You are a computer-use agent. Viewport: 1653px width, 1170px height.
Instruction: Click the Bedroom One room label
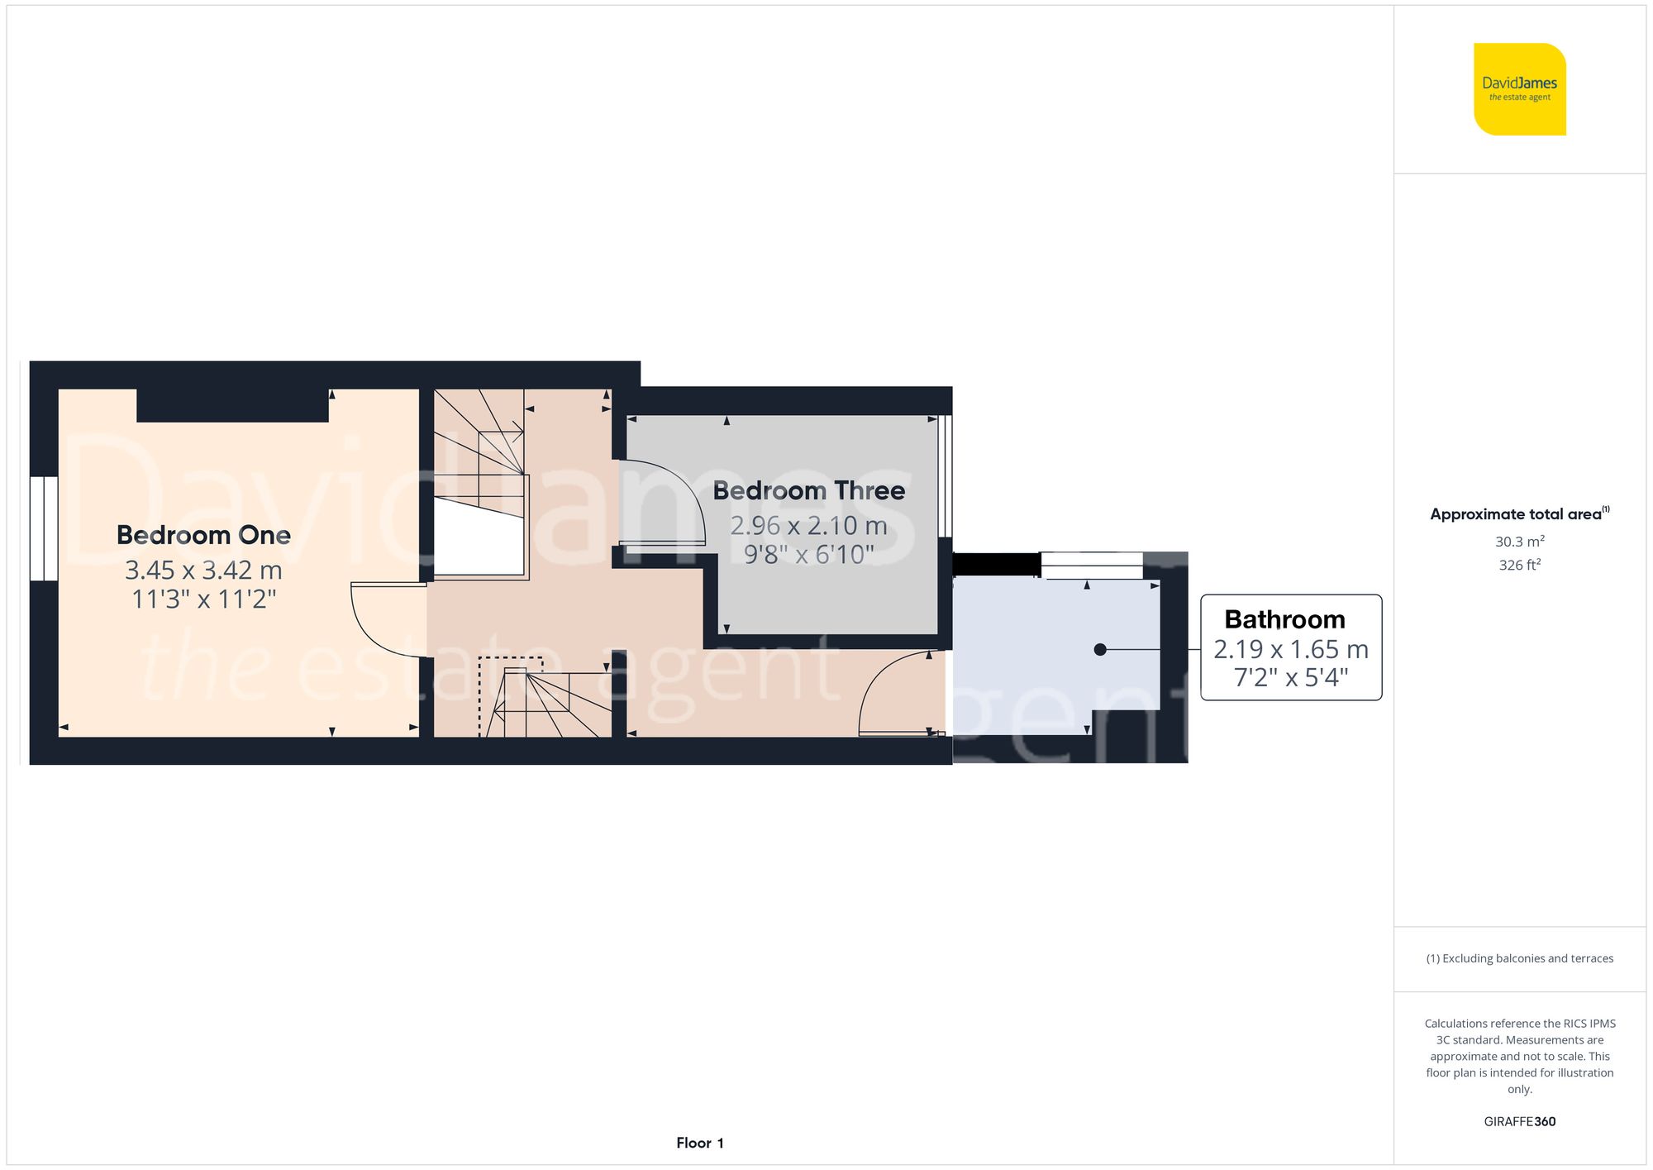click(x=203, y=535)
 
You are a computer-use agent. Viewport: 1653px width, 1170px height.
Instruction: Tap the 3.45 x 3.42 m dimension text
click(x=203, y=570)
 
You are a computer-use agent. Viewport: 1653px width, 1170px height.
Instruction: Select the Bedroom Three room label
click(x=808, y=490)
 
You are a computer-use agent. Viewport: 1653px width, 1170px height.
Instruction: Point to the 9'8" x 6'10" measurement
click(x=808, y=554)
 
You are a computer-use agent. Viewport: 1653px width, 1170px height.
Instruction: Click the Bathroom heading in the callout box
click(x=1284, y=619)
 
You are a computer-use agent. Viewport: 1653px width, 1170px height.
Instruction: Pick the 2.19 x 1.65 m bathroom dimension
click(x=1290, y=649)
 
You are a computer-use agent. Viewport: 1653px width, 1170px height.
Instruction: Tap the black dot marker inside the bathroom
click(x=1100, y=650)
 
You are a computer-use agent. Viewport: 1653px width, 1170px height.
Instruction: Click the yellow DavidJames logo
click(x=1519, y=89)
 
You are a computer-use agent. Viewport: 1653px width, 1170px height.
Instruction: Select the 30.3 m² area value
click(x=1519, y=542)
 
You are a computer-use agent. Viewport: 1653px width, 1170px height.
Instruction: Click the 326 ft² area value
click(x=1519, y=565)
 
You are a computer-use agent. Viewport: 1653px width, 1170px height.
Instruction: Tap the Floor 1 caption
click(x=699, y=1143)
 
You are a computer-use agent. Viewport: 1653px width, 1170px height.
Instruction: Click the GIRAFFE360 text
click(x=1519, y=1121)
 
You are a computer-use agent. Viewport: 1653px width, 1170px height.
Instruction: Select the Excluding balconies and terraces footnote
click(x=1519, y=958)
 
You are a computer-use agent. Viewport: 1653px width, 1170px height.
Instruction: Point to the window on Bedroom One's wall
click(x=44, y=528)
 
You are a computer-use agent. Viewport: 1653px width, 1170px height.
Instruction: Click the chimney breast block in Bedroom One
click(x=232, y=405)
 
